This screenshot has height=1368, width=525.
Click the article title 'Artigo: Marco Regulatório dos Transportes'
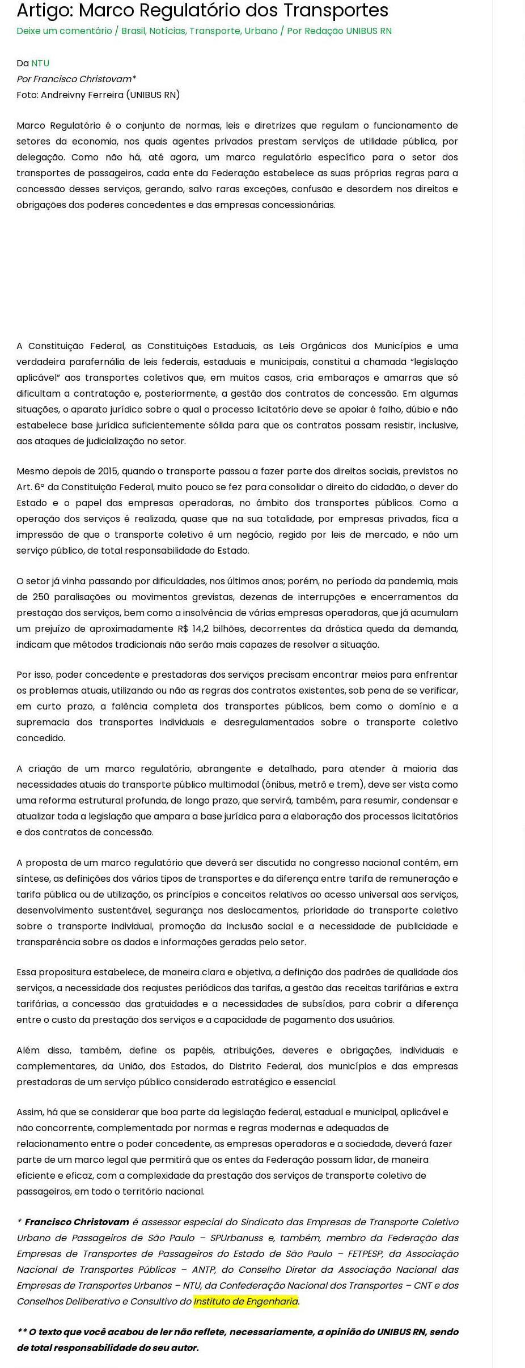202,10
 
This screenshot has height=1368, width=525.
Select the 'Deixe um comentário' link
64,31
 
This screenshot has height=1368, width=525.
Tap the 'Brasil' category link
133,31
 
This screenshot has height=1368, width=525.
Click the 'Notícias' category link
167,31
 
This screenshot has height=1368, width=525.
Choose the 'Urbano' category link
261,31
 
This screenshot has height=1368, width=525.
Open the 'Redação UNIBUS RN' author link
348,31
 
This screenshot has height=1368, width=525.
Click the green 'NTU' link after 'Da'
40,63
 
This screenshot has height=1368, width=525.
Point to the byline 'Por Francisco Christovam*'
76,79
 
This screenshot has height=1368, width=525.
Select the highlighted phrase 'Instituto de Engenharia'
245,1301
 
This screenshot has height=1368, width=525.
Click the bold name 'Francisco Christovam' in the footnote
77,1222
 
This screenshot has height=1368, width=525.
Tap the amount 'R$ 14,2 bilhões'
211,628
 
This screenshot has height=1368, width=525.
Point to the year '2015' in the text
107,471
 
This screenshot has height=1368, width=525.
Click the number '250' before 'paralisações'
41,597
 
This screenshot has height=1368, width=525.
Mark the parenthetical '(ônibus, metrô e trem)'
312,784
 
